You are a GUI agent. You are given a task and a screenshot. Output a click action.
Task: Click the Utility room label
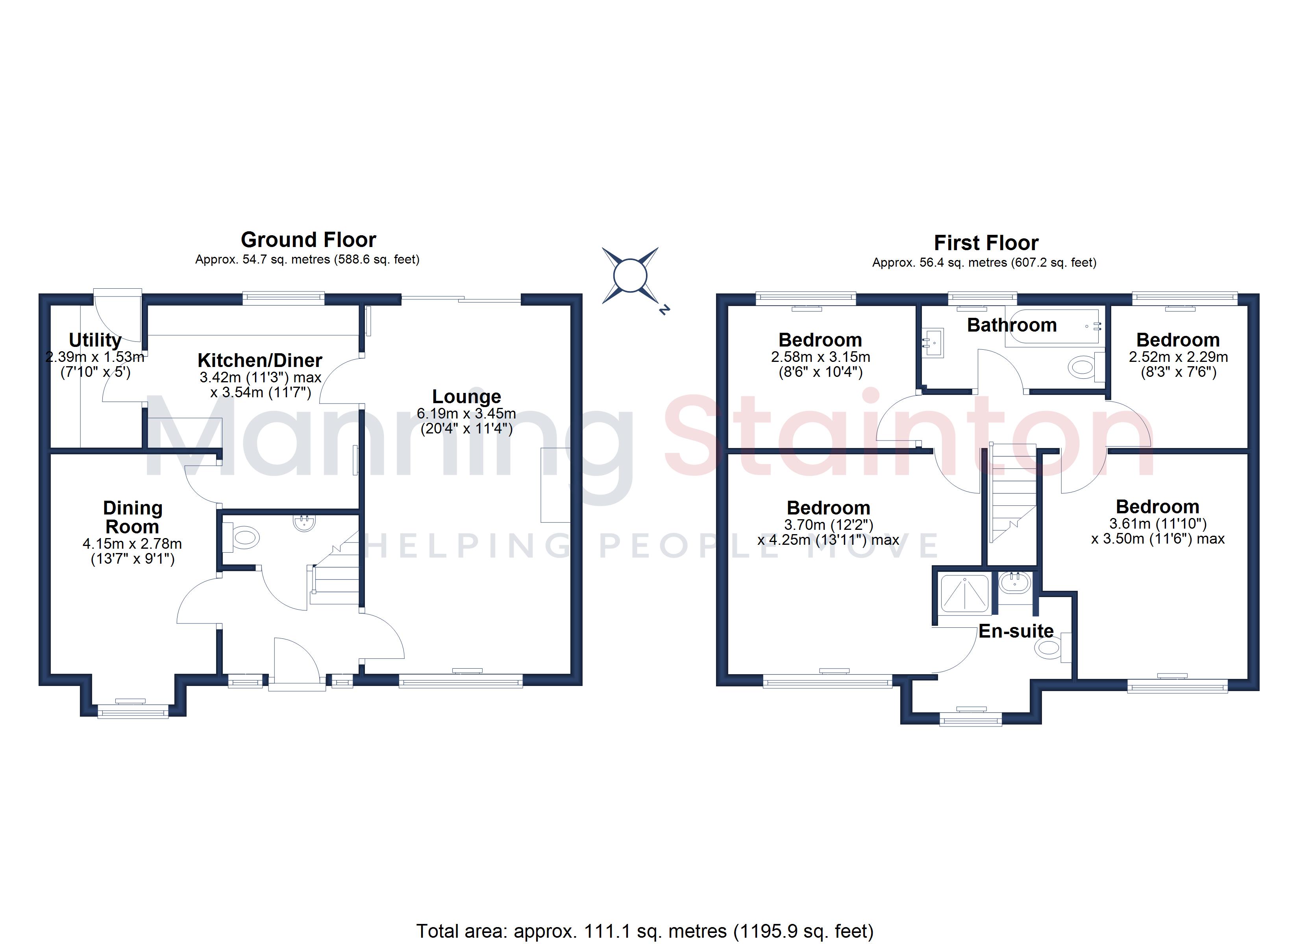pyautogui.click(x=95, y=340)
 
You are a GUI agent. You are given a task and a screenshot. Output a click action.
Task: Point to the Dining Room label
pyautogui.click(x=132, y=517)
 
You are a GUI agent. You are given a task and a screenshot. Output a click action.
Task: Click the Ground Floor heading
pyautogui.click(x=308, y=239)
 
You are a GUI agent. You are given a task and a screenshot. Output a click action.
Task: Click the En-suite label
pyautogui.click(x=1016, y=631)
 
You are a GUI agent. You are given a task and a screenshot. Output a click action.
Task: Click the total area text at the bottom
pyautogui.click(x=645, y=931)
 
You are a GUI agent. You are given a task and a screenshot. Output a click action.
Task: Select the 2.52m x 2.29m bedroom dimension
pyautogui.click(x=1178, y=357)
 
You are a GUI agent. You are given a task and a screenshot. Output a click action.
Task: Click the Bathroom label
pyautogui.click(x=1012, y=325)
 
